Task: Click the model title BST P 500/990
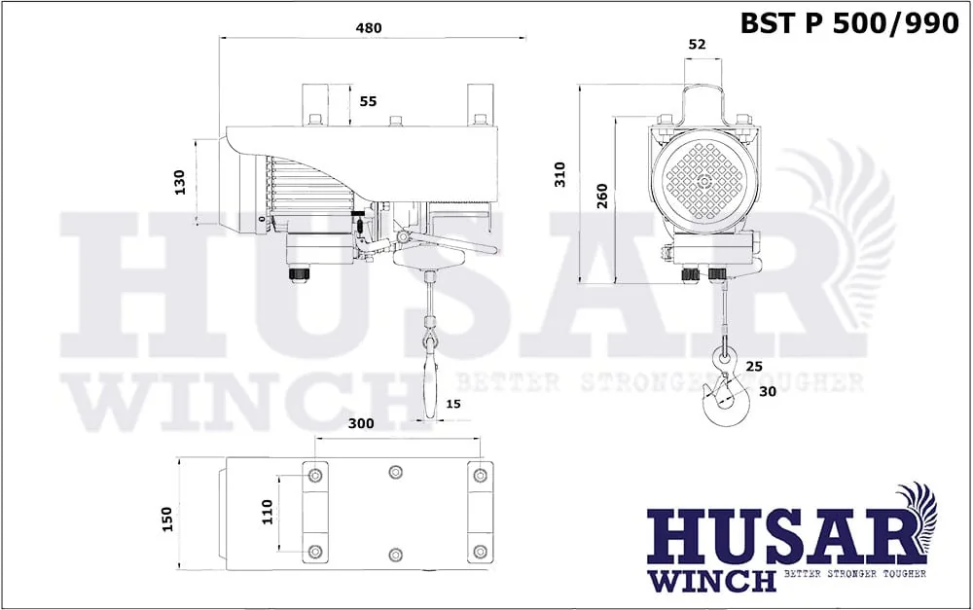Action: (x=849, y=23)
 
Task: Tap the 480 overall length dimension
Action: (x=369, y=28)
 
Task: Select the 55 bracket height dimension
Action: (x=368, y=101)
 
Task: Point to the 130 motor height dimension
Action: (x=180, y=182)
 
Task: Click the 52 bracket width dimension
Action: (x=697, y=44)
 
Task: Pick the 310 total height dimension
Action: (x=560, y=174)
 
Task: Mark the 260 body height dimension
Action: (x=602, y=197)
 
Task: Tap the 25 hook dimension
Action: (x=754, y=367)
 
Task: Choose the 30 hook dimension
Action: (x=768, y=391)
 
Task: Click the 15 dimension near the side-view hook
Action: (x=453, y=404)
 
